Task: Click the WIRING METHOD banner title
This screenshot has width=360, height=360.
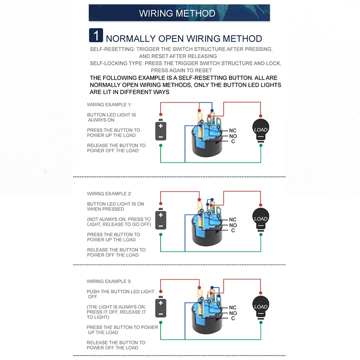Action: tap(177, 13)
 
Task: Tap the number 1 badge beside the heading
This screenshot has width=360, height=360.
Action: tap(96, 36)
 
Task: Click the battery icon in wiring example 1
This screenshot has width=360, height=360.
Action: tap(161, 131)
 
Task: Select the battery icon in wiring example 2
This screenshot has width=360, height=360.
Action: tap(161, 220)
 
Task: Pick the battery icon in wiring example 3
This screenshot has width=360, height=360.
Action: tap(161, 308)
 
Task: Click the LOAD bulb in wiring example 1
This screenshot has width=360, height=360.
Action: tap(261, 130)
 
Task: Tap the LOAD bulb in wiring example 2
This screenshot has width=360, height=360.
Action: tap(261, 219)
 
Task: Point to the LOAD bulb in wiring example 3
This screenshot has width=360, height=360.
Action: tap(261, 307)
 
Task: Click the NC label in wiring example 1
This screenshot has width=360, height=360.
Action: tap(233, 130)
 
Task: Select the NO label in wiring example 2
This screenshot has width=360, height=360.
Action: tap(233, 225)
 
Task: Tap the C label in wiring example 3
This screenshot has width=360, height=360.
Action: tap(233, 319)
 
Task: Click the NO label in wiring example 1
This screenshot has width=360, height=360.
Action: tap(233, 136)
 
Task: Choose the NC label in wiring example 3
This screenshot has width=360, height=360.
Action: tap(233, 308)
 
